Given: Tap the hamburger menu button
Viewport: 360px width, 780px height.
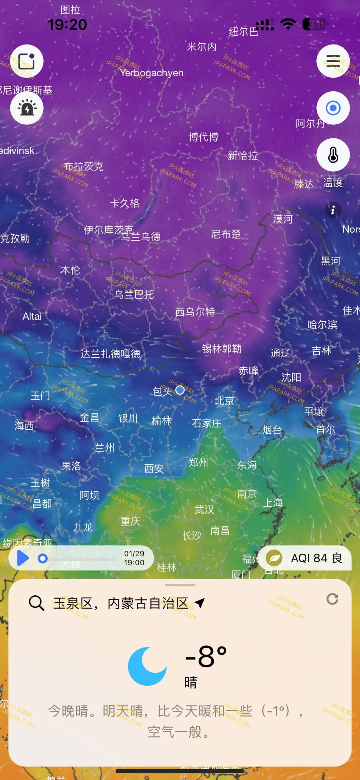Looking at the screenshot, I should coord(333,61).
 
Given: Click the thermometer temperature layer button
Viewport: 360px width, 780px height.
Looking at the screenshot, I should coord(333,155).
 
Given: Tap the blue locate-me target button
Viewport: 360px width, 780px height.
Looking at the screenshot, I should coord(333,108).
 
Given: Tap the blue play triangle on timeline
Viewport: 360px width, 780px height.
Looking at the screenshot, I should coord(23,558).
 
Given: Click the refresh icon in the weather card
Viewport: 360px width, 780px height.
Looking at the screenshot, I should coord(332,599).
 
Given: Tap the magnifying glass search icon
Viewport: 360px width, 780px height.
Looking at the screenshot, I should coord(36,603).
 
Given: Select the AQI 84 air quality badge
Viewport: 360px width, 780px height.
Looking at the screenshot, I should coord(305,558).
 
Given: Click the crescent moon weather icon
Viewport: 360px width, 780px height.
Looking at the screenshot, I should coord(147,666).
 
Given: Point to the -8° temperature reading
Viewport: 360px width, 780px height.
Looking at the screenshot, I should coord(206,656).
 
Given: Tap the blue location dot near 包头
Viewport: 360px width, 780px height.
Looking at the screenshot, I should coord(180,390).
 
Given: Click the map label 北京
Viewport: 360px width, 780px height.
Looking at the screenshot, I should coord(224,401).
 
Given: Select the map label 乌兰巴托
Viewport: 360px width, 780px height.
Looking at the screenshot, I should coord(134,294).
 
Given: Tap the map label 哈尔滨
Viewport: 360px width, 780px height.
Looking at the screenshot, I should coord(322,324).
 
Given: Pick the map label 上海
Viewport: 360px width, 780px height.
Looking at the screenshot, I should coord(273,502).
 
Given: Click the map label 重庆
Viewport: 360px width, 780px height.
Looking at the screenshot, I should coord(130,521).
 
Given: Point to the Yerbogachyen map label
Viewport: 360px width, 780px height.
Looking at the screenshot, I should coord(151,73).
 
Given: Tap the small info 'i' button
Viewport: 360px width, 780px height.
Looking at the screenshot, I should coord(333,210).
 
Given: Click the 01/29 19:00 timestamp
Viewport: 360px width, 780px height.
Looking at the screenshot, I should coord(134,558).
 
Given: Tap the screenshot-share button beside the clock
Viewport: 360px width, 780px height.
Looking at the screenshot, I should coord(27,61).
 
